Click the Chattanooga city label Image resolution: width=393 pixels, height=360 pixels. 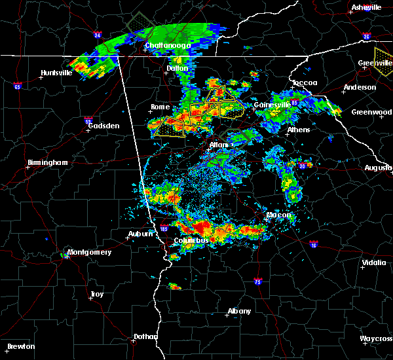tap(168, 45)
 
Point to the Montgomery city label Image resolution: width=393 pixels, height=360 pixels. tap(90, 252)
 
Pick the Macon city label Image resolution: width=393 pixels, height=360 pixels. tap(278, 215)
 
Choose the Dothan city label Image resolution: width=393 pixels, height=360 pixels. tap(145, 336)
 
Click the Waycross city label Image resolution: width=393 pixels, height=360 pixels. tap(375, 338)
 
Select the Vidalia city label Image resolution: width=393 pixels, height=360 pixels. tap(374, 263)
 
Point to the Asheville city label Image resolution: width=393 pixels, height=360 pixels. tap(366, 7)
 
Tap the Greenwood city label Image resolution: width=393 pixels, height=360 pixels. tap(371, 112)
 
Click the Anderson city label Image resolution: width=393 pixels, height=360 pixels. tap(360, 87)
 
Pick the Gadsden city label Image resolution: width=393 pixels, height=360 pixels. tap(103, 125)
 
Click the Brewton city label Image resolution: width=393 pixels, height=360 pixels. tap(21, 346)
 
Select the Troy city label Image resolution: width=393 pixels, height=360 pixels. tap(96, 294)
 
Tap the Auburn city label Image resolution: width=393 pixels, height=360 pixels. tap(141, 234)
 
